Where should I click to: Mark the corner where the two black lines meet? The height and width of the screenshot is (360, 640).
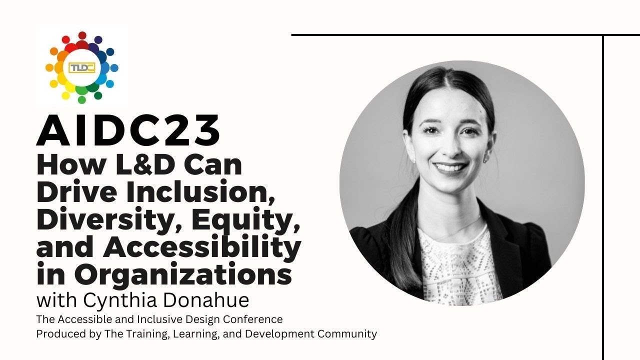tap(603, 35)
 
